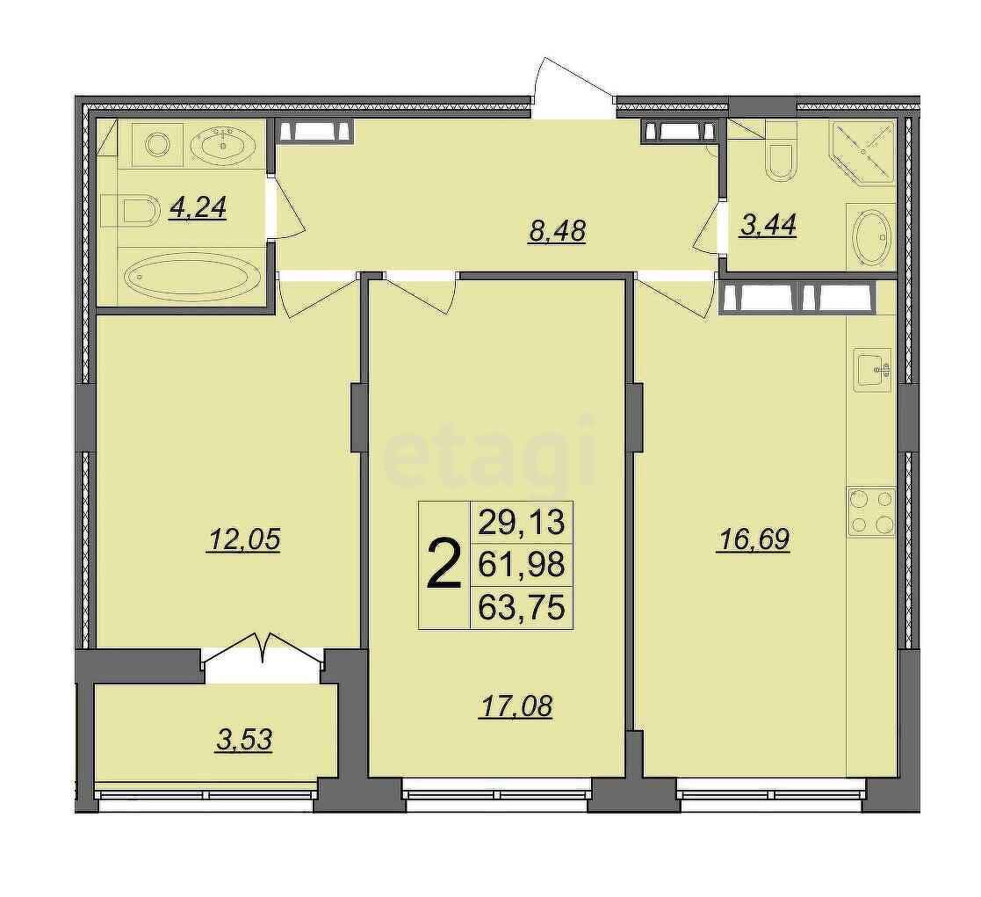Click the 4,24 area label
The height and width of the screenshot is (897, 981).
[197, 208]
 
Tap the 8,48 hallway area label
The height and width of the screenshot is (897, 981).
[556, 231]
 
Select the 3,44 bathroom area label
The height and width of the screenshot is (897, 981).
[768, 225]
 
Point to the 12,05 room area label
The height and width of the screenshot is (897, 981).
[243, 539]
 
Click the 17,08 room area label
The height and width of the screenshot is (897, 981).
[516, 706]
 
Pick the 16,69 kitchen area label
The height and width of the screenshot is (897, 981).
[754, 539]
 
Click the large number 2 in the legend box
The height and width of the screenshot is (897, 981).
[444, 565]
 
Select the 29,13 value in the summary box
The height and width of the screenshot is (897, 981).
[521, 523]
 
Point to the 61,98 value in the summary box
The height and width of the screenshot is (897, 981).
[521, 565]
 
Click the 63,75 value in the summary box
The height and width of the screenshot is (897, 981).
[521, 607]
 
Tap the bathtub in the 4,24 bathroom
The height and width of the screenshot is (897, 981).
[192, 275]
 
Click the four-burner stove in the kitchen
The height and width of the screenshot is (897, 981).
[871, 512]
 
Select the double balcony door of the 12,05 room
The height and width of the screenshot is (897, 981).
[263, 650]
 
